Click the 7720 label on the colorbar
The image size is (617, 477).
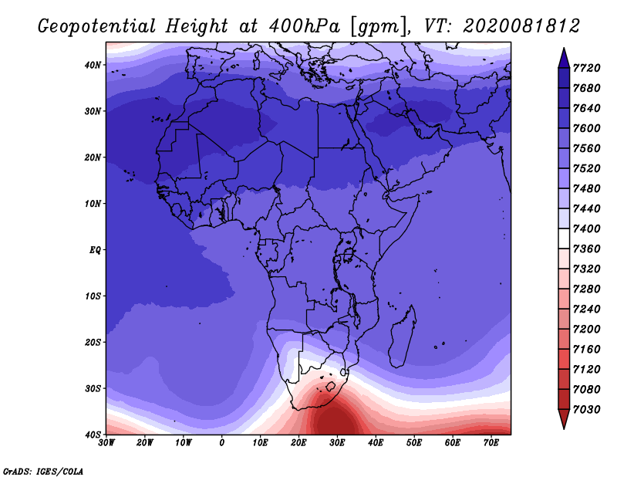(587, 68)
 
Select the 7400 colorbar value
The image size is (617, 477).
(587, 228)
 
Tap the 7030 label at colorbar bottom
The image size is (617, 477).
(587, 410)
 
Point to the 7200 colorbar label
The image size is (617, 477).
(587, 330)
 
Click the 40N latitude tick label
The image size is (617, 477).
(93, 65)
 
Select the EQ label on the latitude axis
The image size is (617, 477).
(95, 250)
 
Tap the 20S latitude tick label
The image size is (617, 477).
(93, 342)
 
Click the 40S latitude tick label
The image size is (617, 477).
(93, 435)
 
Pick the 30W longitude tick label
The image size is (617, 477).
(106, 443)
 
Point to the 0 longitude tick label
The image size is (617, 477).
(222, 443)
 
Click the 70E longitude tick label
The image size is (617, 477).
(491, 443)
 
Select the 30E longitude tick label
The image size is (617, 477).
(337, 443)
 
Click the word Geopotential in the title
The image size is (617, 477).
(97, 27)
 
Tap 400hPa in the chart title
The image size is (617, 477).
(305, 26)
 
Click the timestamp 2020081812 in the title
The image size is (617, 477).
(521, 25)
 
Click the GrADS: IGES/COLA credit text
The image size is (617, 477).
(43, 472)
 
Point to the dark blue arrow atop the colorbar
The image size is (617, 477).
(564, 59)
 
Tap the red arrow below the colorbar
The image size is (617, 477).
(564, 418)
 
